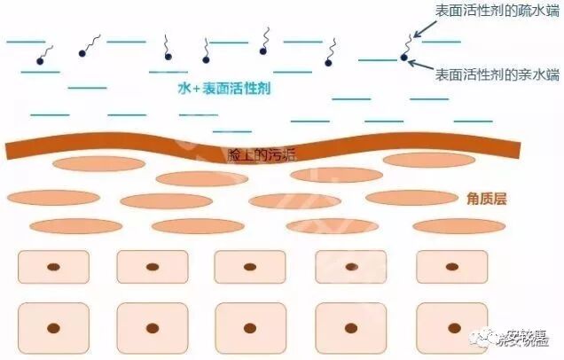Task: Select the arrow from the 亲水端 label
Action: coord(420,67)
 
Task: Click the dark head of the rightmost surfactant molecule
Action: coord(404,59)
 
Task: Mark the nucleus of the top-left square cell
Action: coord(54,266)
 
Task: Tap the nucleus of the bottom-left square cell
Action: coord(54,328)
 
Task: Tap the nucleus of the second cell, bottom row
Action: coord(152,328)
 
